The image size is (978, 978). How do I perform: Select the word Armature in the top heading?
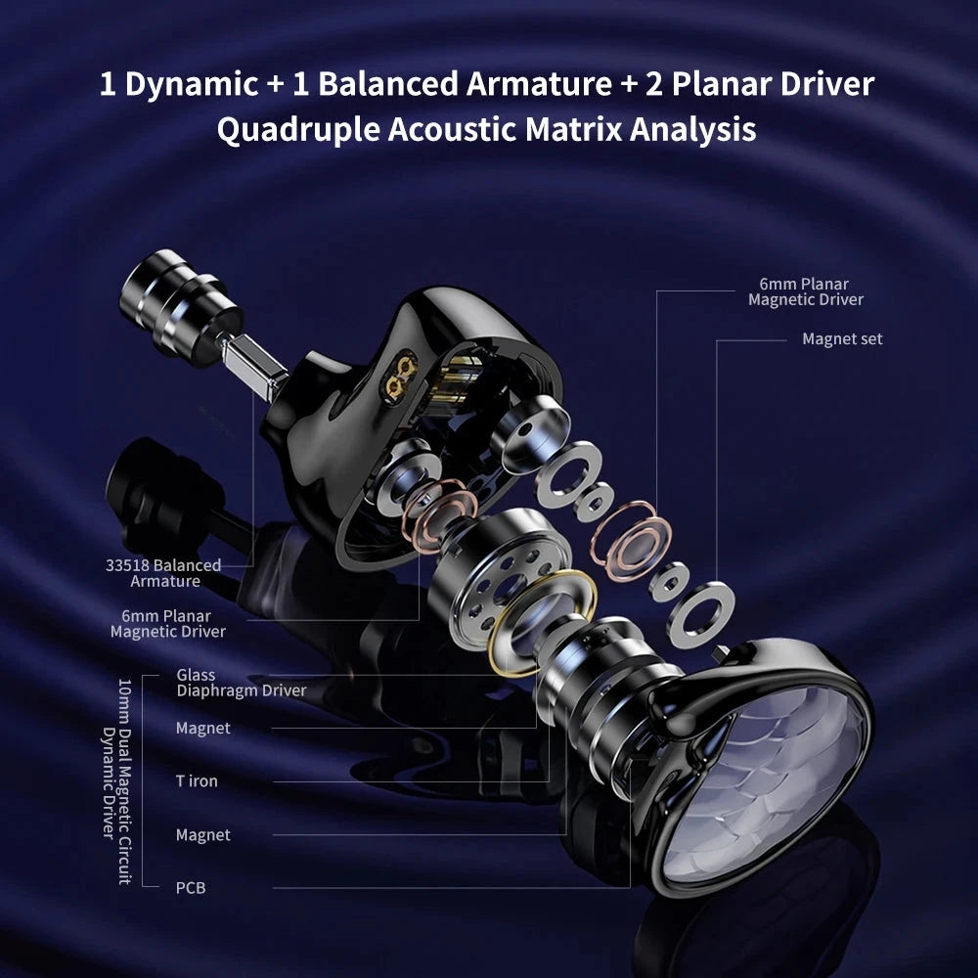(538, 84)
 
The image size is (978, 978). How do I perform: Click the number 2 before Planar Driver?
(651, 84)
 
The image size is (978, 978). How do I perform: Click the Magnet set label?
(842, 339)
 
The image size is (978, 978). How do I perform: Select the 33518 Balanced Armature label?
(163, 573)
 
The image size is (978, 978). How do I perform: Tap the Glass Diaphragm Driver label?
(241, 683)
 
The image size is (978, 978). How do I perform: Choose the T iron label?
(197, 781)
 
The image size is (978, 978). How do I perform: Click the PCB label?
(191, 888)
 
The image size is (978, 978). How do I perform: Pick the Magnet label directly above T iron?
(203, 728)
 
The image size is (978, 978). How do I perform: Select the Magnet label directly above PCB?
(203, 835)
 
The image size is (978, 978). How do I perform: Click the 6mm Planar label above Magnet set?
(805, 291)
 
